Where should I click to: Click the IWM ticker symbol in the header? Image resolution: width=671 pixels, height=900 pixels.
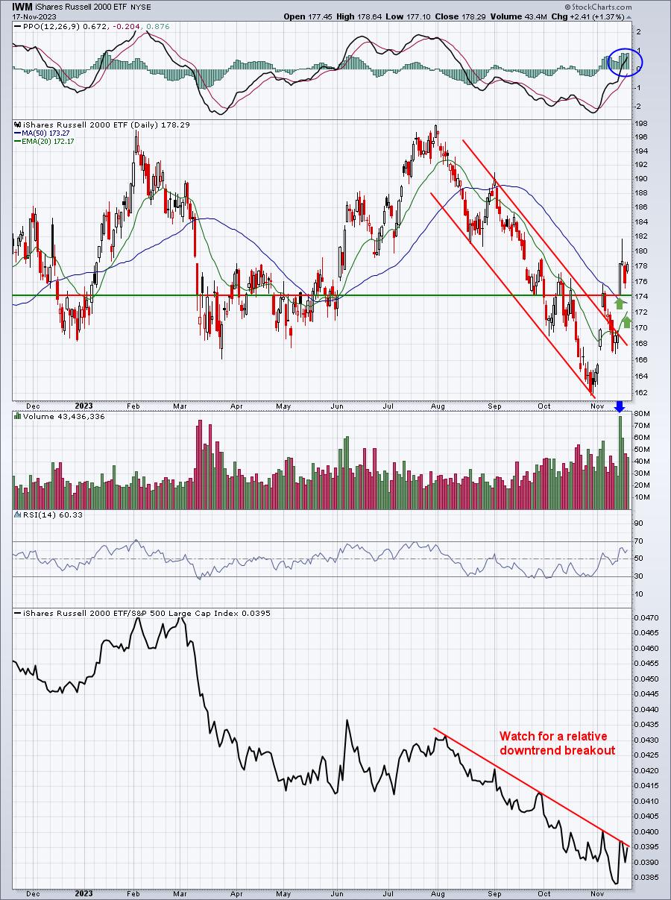tap(22, 6)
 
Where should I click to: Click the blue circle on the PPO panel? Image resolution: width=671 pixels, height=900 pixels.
tap(625, 62)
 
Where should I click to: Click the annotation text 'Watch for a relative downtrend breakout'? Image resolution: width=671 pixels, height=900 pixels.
tap(557, 743)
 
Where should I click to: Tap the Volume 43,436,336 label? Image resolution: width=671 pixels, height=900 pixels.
tap(57, 416)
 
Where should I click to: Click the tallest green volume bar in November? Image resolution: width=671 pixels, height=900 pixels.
tap(620, 462)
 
